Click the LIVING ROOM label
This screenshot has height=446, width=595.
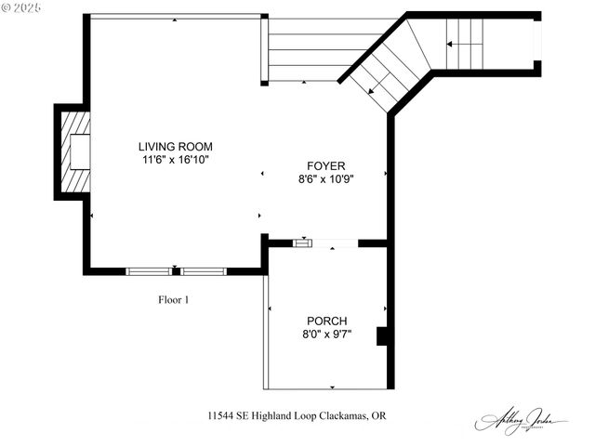(x=176, y=146)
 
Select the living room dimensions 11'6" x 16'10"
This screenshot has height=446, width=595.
(x=176, y=160)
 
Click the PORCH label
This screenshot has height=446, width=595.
(x=325, y=321)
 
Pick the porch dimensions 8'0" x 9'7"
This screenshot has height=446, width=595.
(x=325, y=334)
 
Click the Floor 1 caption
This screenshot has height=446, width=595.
(x=173, y=299)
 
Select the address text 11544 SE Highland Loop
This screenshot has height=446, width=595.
(x=264, y=415)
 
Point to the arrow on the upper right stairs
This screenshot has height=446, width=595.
(x=465, y=43)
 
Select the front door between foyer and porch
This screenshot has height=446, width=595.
(x=325, y=243)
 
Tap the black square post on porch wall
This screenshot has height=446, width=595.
(x=382, y=336)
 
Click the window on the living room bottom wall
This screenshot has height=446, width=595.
(x=176, y=271)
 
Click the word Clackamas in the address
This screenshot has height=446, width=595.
(x=344, y=415)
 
